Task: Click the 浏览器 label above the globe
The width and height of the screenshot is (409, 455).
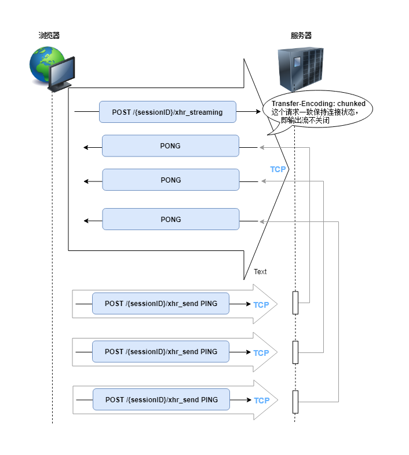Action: tap(49, 36)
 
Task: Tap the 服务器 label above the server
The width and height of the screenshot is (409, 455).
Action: tap(301, 36)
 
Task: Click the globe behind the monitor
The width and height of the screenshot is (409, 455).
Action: tap(43, 64)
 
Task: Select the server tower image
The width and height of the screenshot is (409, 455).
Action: tap(301, 69)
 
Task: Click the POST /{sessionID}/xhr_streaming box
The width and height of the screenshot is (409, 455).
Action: tap(167, 112)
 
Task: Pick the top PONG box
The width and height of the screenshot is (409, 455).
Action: tap(170, 145)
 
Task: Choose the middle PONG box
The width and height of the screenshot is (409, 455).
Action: tap(171, 180)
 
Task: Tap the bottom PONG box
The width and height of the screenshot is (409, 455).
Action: tap(171, 219)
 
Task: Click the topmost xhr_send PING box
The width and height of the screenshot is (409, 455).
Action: tap(160, 304)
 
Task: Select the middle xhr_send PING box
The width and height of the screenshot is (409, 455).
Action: tap(160, 352)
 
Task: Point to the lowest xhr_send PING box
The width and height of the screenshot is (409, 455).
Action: tap(161, 399)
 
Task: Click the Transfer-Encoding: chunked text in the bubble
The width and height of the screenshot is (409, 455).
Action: tap(319, 104)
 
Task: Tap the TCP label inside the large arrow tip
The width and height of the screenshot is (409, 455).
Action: tap(278, 169)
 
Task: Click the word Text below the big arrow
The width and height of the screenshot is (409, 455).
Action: tap(260, 272)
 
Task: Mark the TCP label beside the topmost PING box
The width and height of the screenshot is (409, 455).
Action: tap(261, 305)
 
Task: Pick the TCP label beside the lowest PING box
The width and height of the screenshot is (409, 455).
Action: tap(262, 401)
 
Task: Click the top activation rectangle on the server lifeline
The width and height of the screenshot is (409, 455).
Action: tap(295, 303)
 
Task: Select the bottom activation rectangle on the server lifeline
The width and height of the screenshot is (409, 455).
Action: tap(295, 402)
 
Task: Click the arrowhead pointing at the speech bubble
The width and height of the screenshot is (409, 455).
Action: tap(258, 111)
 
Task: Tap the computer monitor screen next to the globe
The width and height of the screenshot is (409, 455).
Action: tap(62, 72)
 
